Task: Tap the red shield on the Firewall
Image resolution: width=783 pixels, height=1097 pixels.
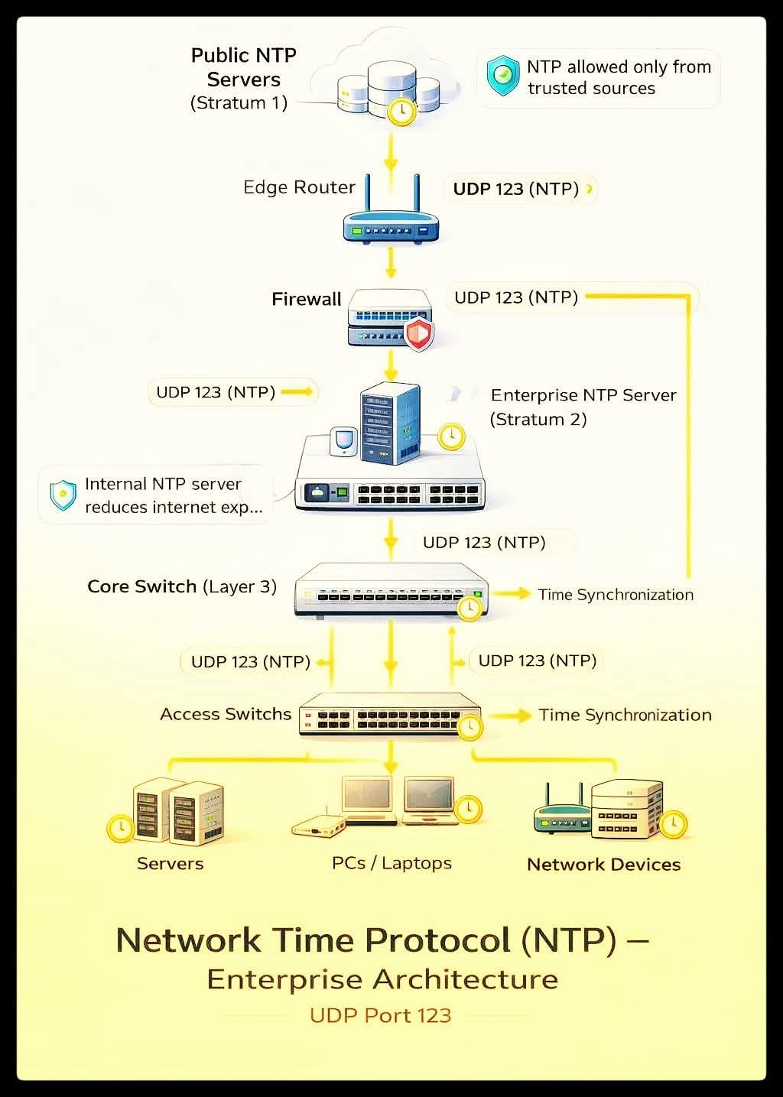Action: pos(418,334)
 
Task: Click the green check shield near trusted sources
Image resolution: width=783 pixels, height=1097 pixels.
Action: pos(502,76)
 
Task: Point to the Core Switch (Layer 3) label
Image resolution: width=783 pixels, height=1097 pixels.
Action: pos(182,587)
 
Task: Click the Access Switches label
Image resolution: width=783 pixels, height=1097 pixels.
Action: pos(226,714)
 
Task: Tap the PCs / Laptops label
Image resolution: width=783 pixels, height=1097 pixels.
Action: pos(391,863)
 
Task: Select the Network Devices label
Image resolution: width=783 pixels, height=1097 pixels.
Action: pos(603,865)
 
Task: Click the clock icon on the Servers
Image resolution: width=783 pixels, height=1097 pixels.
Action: pos(120,828)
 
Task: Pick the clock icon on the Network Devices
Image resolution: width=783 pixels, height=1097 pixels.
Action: pos(673,823)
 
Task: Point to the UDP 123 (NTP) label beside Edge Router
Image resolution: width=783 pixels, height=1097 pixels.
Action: pos(515,189)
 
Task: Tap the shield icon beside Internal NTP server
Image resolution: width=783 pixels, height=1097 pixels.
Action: pos(63,495)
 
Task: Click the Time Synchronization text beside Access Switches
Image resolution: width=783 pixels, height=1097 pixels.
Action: pos(625,715)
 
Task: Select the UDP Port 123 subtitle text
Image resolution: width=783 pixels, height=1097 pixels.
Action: pos(380,1015)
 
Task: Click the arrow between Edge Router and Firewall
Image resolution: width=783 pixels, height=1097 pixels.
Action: pos(391,264)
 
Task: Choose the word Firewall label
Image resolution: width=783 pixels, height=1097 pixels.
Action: pos(306,299)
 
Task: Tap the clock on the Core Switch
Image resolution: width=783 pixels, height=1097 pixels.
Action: pos(469,608)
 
